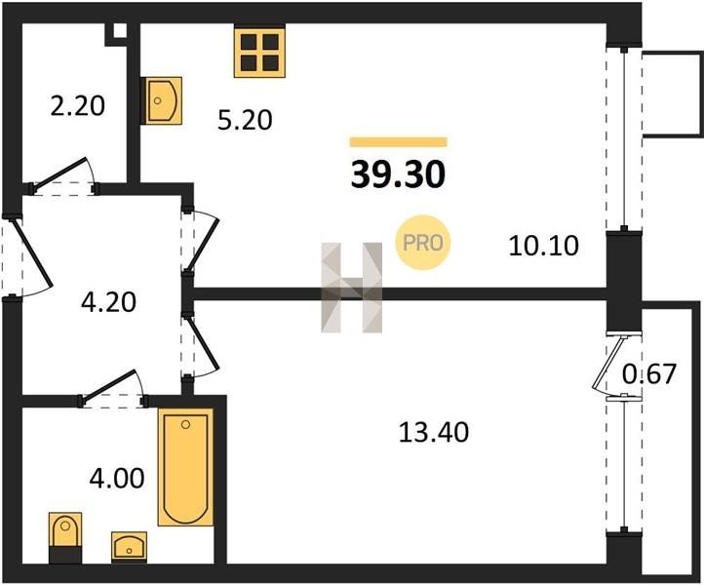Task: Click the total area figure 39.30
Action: (398, 175)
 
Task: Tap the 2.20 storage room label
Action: (77, 106)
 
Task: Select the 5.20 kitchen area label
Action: (245, 120)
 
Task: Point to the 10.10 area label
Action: (544, 246)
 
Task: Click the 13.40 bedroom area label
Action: (434, 432)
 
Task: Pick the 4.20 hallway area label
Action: (108, 302)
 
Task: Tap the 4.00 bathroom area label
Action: (117, 478)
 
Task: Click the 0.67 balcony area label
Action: (648, 373)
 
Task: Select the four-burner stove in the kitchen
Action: (259, 53)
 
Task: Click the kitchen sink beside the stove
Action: (162, 100)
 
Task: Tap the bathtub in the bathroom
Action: (185, 467)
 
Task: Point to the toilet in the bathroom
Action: (65, 537)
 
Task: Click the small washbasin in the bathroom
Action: (129, 547)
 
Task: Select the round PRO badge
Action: (422, 243)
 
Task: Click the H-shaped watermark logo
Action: (352, 288)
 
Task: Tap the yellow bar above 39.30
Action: (399, 142)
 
